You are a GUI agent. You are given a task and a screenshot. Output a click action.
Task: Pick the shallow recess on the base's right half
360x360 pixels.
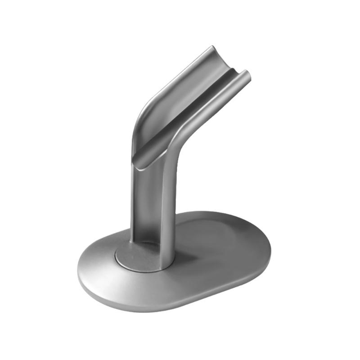tap(225, 243)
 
